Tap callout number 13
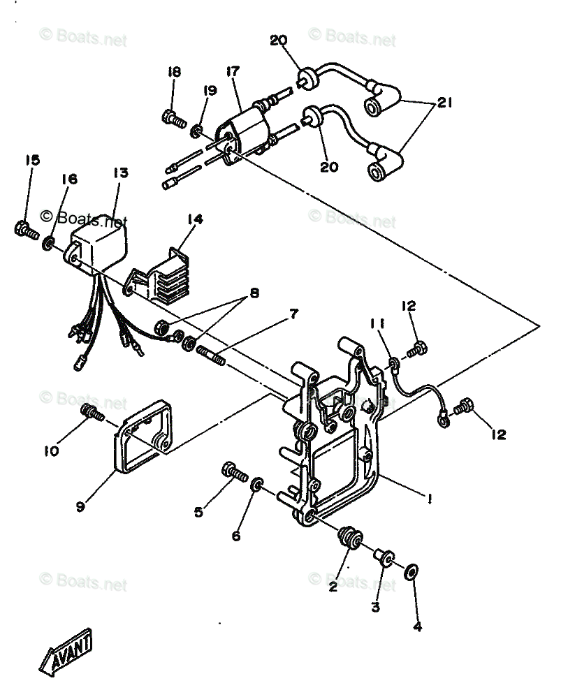tap(120, 173)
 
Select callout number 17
tap(233, 72)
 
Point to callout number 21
tap(445, 103)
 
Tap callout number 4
tap(417, 626)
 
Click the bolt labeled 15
tap(25, 229)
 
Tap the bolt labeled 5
tap(235, 473)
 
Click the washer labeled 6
tap(256, 483)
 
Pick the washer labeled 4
tap(411, 571)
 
